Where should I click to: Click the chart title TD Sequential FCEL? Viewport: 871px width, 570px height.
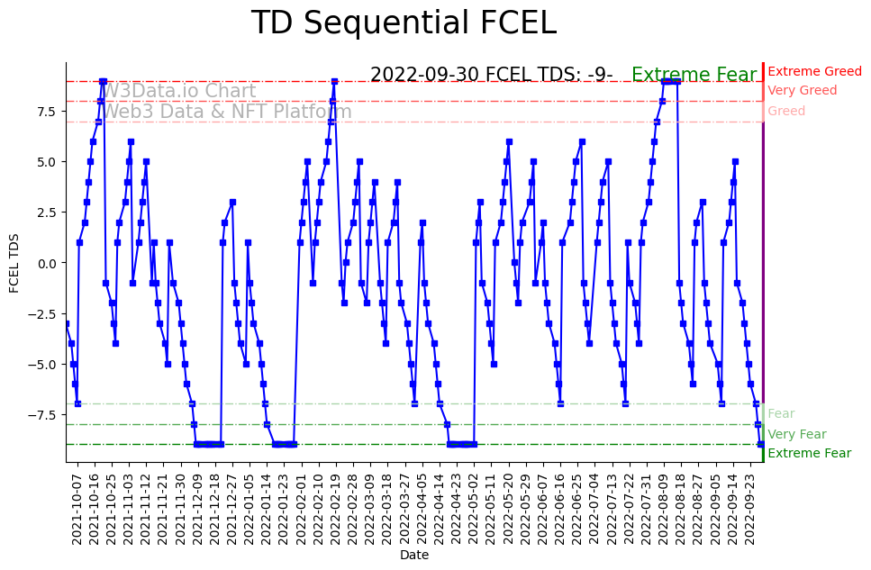click(x=404, y=23)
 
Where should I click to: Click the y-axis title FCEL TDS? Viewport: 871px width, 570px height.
click(x=14, y=262)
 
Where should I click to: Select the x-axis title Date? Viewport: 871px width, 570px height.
click(x=414, y=556)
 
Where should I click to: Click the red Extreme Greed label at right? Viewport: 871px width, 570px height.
click(x=814, y=71)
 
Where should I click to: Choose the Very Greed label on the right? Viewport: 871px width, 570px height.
click(x=802, y=91)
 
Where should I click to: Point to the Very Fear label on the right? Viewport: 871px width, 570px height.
click(x=796, y=434)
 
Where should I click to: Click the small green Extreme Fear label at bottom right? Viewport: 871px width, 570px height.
click(x=809, y=453)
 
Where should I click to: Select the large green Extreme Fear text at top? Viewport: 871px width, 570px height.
click(x=694, y=75)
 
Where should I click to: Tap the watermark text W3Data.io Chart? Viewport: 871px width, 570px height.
click(x=178, y=91)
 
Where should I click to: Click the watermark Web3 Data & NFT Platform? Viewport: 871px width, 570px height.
click(x=226, y=112)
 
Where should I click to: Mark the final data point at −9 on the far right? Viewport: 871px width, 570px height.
click(x=760, y=444)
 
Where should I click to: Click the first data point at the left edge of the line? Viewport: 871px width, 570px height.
click(x=66, y=323)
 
